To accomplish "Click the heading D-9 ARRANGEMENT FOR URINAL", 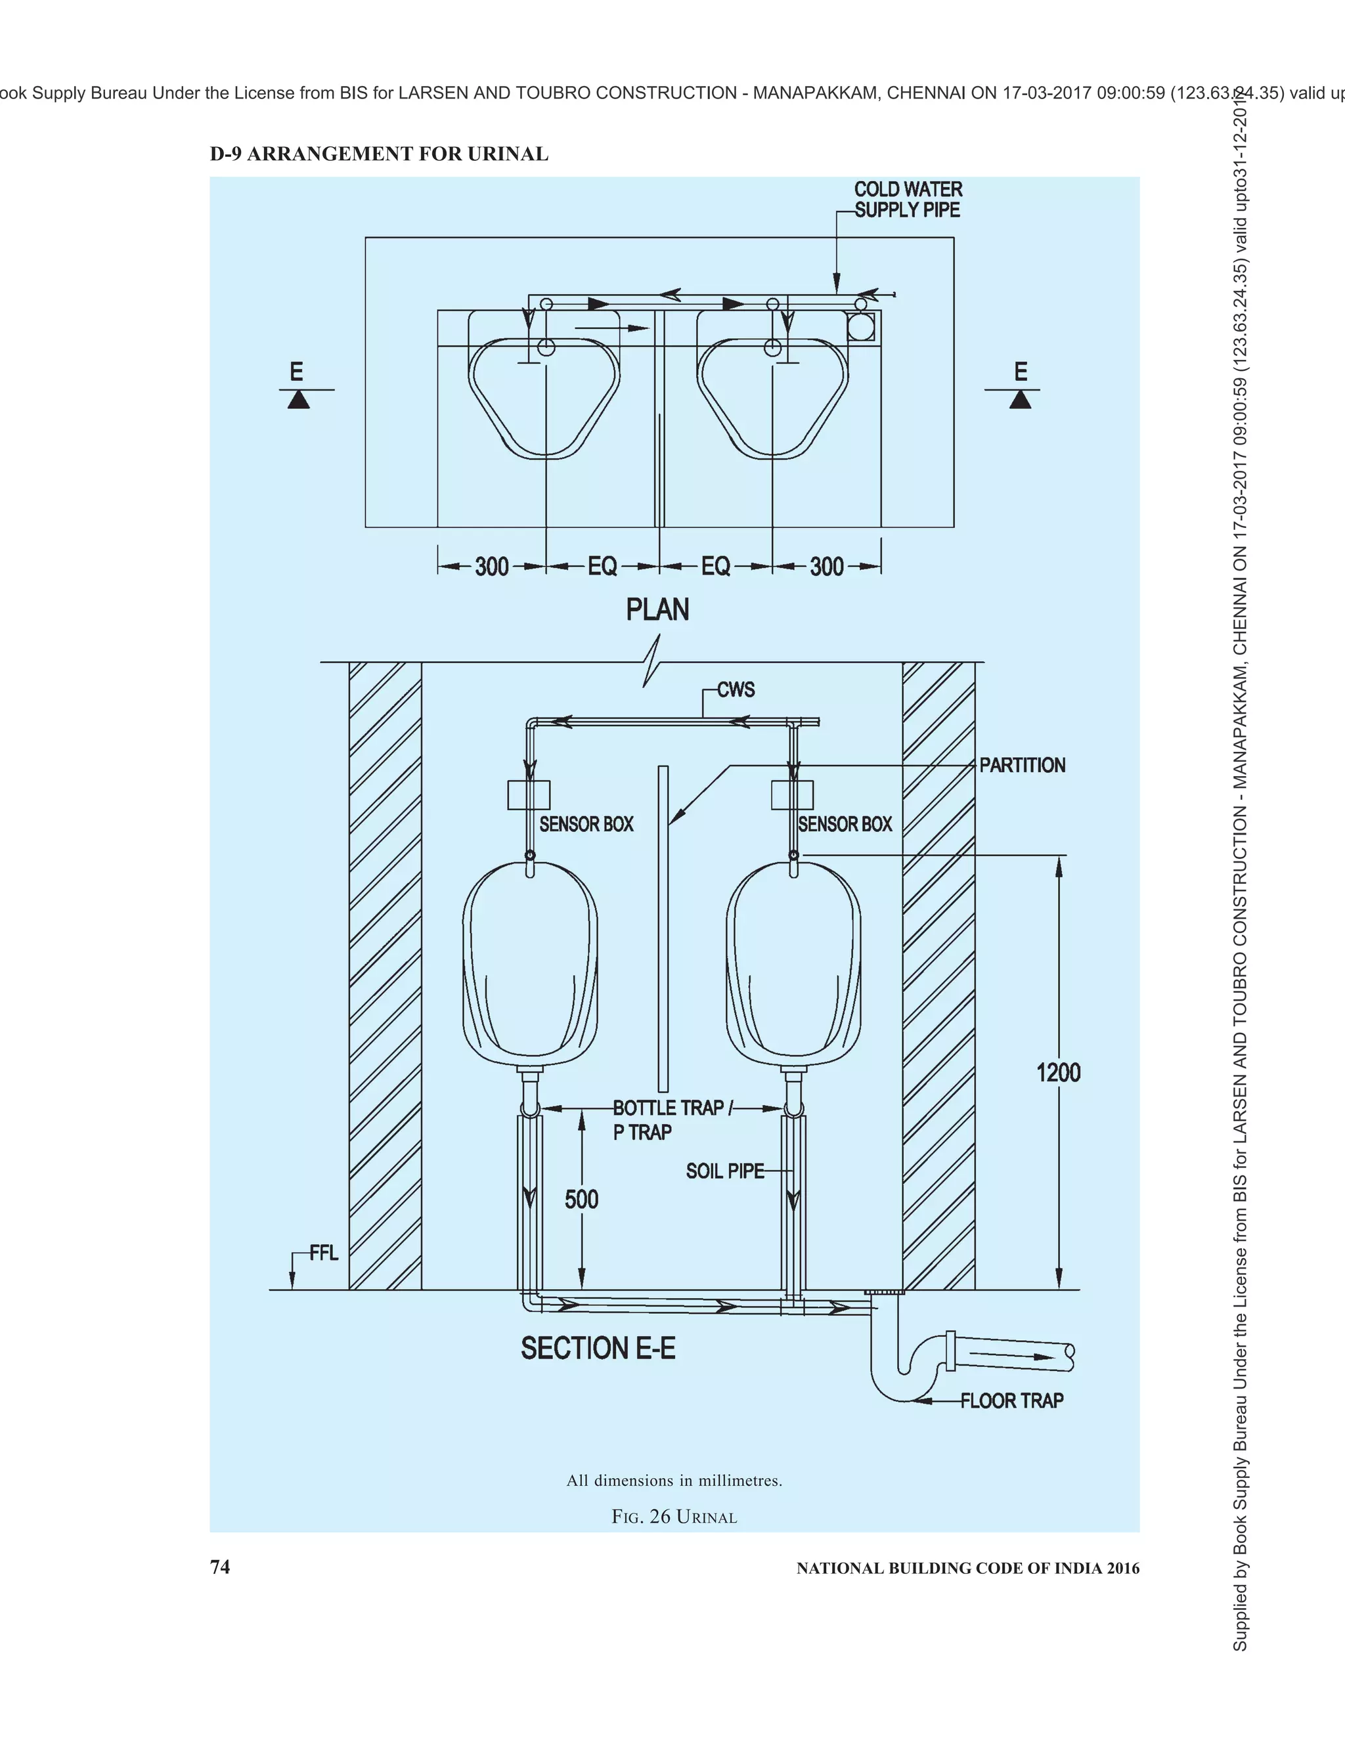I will [x=380, y=154].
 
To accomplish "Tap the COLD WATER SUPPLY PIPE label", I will [x=908, y=200].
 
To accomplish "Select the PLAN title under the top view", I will [x=657, y=609].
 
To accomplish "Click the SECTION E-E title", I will [x=598, y=1349].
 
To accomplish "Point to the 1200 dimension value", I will [x=1058, y=1072].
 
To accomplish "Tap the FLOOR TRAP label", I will [x=1011, y=1401].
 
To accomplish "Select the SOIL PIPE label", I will [x=724, y=1170].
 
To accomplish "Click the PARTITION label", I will [x=1023, y=765].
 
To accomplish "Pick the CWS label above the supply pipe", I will [x=736, y=689].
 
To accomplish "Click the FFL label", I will [x=324, y=1253].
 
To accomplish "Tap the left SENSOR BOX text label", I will [x=586, y=824].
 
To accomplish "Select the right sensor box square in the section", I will [x=792, y=795].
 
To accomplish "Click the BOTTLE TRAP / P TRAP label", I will [x=668, y=1120].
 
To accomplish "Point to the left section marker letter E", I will [x=296, y=371].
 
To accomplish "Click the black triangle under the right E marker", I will [x=1020, y=400].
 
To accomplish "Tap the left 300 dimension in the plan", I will [x=492, y=567].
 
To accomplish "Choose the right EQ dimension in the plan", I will [x=716, y=567].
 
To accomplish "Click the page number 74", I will [x=220, y=1567].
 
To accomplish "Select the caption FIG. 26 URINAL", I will [x=674, y=1517].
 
